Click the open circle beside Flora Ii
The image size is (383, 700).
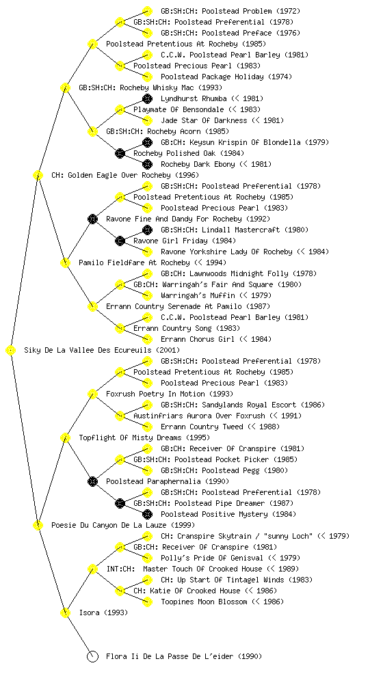tap(92, 656)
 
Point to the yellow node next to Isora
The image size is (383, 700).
tap(65, 612)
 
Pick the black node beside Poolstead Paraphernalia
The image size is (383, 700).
tap(92, 481)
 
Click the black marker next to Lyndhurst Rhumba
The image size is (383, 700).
tap(147, 98)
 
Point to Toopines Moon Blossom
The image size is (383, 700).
tap(204, 602)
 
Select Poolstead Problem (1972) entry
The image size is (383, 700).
tap(230, 11)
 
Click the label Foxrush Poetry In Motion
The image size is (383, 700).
tap(155, 394)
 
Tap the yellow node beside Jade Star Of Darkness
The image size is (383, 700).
tap(147, 120)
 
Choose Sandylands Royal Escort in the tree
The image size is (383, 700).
tap(249, 405)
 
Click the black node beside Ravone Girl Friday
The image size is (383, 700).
tap(120, 241)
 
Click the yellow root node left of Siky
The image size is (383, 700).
tap(11, 350)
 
